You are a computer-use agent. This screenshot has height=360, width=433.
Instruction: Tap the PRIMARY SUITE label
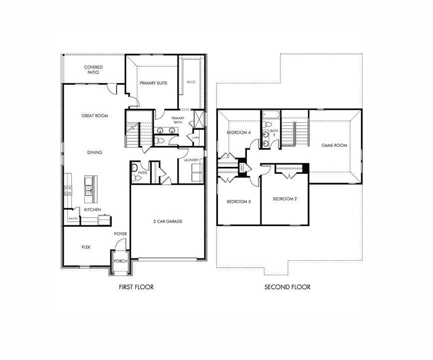pyautogui.click(x=153, y=83)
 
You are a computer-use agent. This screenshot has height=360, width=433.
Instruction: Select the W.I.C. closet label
pyautogui.click(x=191, y=82)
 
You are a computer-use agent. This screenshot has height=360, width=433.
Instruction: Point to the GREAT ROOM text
pyautogui.click(x=95, y=116)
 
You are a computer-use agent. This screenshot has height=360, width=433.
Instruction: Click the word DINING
pyautogui.click(x=95, y=153)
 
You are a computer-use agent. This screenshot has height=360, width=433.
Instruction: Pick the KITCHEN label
pyautogui.click(x=93, y=209)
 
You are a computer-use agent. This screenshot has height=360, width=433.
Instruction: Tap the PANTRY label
pyautogui.click(x=73, y=218)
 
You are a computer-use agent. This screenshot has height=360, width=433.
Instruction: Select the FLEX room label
pyautogui.click(x=86, y=247)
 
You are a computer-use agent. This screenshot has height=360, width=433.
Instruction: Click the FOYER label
pyautogui.click(x=120, y=234)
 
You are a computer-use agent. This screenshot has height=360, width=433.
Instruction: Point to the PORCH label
pyautogui.click(x=120, y=261)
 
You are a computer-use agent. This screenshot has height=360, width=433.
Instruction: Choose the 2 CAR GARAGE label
pyautogui.click(x=167, y=221)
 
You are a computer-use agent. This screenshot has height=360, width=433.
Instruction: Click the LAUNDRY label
pyautogui.click(x=191, y=160)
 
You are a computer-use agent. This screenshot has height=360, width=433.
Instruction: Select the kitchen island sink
pyautogui.click(x=88, y=189)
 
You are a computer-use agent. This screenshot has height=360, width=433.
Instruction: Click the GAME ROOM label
pyautogui.click(x=334, y=146)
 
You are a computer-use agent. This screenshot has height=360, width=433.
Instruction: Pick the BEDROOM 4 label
pyautogui.click(x=238, y=133)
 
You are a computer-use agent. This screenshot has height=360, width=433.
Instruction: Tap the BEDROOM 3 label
pyautogui.click(x=238, y=202)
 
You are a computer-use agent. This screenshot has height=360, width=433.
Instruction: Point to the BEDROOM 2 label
pyautogui.click(x=285, y=199)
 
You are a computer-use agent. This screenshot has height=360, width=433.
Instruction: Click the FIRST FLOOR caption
pyautogui.click(x=136, y=287)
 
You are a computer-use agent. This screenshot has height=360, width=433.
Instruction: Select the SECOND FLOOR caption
pyautogui.click(x=287, y=287)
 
